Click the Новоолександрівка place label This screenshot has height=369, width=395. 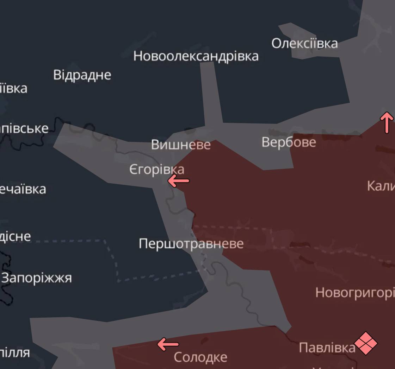click(196, 56)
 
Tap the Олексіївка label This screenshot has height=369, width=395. click(304, 44)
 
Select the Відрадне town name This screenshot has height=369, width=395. click(82, 75)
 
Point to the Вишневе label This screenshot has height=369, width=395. click(181, 145)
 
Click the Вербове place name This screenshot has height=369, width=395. click(289, 142)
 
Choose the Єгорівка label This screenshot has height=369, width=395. click(157, 170)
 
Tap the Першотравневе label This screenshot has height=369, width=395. click(191, 243)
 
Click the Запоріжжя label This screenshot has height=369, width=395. click(37, 278)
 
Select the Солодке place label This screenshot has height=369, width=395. click(200, 357)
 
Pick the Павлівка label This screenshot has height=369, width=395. click(327, 348)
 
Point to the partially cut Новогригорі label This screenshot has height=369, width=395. click(355, 292)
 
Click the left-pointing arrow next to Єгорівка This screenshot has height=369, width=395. click(178, 181)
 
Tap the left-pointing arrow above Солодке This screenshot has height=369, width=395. click(168, 344)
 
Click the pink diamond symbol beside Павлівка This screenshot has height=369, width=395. click(365, 343)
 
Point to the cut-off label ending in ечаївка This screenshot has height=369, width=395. click(23, 189)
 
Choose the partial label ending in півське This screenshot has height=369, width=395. click(24, 128)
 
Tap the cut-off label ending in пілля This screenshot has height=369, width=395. click(15, 352)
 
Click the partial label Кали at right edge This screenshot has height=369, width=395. click(381, 186)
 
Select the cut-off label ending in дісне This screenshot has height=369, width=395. click(16, 236)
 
